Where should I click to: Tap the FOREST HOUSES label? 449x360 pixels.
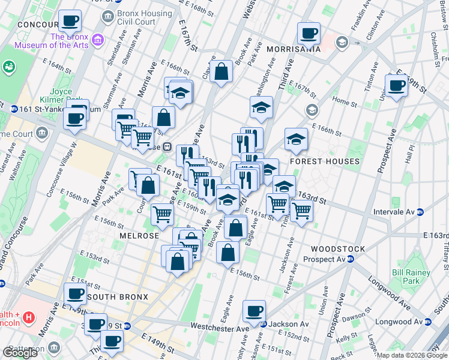pos(325,161)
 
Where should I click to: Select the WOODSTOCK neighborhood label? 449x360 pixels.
pos(338,248)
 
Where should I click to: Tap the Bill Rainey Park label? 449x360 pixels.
pos(406,276)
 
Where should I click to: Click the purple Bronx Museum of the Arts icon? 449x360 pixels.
pos(98,40)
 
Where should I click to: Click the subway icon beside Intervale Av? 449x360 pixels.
pos(421,212)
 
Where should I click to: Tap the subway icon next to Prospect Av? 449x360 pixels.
pos(350,259)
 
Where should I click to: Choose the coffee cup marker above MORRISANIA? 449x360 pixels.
pos(309,32)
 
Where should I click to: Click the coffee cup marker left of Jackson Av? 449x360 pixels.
pos(254,310)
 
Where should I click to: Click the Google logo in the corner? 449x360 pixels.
pos(20,353)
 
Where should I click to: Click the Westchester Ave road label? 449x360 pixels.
pos(219,326)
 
